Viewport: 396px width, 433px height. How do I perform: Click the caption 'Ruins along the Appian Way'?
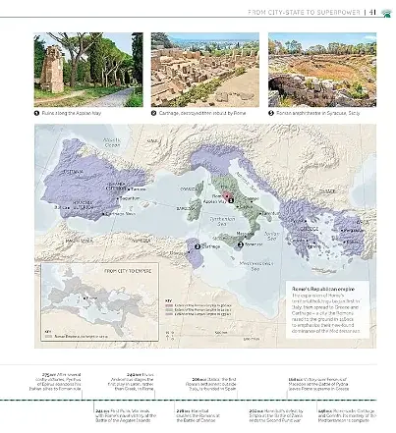pos(81,113)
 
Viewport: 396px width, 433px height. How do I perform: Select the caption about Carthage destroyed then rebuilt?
pos(200,113)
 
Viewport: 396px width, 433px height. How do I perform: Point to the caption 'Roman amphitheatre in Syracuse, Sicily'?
pos(319,113)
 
